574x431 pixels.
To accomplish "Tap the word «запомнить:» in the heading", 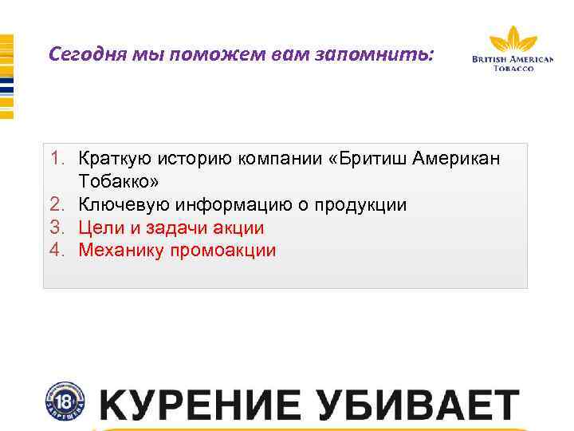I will pyautogui.click(x=388, y=55).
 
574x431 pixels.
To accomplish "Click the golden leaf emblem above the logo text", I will pyautogui.click(x=513, y=39).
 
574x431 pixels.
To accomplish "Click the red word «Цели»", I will pyautogui.click(x=100, y=227).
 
